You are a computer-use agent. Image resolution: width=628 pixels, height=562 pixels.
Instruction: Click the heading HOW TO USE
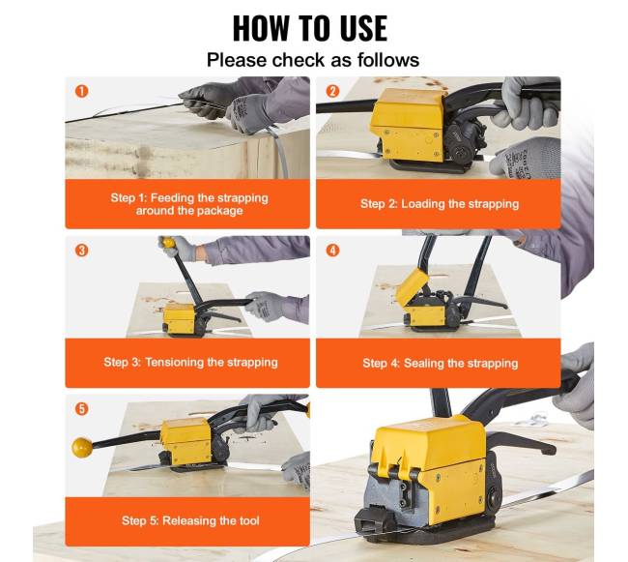pyautogui.click(x=310, y=28)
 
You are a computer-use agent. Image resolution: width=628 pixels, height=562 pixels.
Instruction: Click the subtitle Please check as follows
pyautogui.click(x=313, y=60)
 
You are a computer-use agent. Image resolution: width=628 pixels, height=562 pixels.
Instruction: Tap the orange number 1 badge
pyautogui.click(x=82, y=91)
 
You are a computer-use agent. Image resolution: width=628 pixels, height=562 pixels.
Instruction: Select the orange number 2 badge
pyautogui.click(x=332, y=91)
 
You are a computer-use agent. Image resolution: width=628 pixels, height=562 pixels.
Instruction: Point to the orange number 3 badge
pyautogui.click(x=82, y=251)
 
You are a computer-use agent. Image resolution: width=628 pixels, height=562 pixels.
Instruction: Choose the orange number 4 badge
pyautogui.click(x=332, y=251)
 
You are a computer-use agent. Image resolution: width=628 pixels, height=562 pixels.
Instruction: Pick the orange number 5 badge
pyautogui.click(x=82, y=409)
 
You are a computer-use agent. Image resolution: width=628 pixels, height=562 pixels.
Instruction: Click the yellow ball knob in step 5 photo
pyautogui.click(x=82, y=448)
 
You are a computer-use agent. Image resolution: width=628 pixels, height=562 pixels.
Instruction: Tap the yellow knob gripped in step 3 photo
pyautogui.click(x=168, y=242)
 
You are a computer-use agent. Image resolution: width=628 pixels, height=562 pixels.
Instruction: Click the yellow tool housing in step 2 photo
pyautogui.click(x=408, y=124)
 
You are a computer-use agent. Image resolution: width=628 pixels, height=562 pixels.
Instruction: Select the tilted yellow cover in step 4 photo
pyautogui.click(x=412, y=285)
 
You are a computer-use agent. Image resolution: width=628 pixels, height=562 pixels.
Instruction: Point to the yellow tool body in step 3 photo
pyautogui.click(x=180, y=318)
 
